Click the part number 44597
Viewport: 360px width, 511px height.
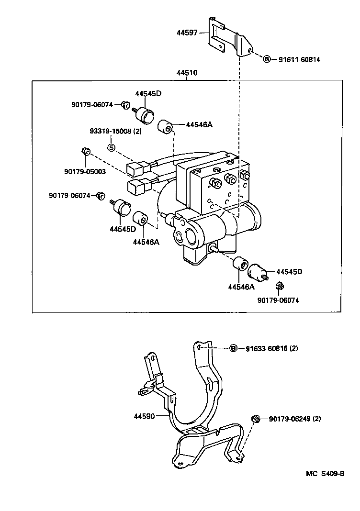click(x=187, y=33)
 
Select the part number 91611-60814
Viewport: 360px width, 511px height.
click(x=299, y=60)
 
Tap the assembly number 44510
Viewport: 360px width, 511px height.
click(x=187, y=73)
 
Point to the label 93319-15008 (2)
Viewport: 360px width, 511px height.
click(x=115, y=131)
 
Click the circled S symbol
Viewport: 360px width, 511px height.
click(x=112, y=148)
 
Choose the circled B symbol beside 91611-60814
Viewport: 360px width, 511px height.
click(x=267, y=59)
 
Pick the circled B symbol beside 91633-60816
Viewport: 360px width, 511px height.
click(x=234, y=348)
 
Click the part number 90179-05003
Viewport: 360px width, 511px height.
click(x=85, y=172)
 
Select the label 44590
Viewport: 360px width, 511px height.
click(x=144, y=416)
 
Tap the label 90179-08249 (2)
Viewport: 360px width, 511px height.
click(x=295, y=419)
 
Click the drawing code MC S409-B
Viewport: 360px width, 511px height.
click(x=325, y=474)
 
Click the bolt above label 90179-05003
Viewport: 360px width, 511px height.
click(x=85, y=151)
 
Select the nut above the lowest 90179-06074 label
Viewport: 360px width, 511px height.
click(x=280, y=286)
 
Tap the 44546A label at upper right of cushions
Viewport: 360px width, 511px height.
click(x=199, y=124)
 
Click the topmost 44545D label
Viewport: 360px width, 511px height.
click(x=148, y=93)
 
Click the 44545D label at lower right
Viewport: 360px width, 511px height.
click(x=289, y=271)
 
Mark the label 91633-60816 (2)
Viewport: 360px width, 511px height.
click(x=272, y=348)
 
